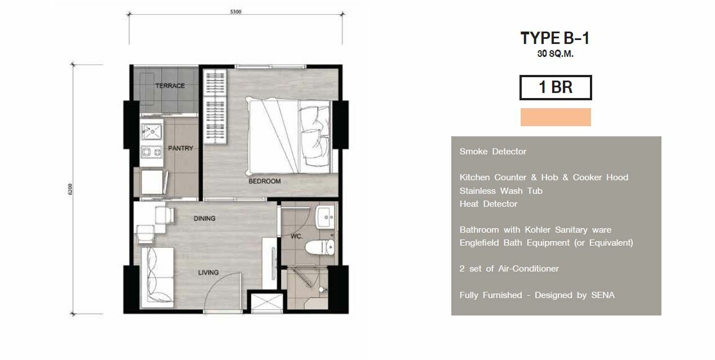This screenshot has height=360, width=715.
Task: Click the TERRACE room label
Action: pyautogui.click(x=170, y=86)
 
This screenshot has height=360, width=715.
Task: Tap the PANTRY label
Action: pyautogui.click(x=180, y=148)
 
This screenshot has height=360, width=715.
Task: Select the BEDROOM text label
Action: pyautogui.click(x=265, y=181)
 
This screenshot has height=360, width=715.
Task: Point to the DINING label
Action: pyautogui.click(x=205, y=218)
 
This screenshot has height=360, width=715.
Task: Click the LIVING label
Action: pyautogui.click(x=208, y=272)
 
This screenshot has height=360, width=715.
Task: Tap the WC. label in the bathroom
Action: pyautogui.click(x=296, y=237)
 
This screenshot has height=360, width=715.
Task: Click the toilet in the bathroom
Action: pyautogui.click(x=320, y=247)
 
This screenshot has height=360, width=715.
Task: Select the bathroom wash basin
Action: pyautogui.click(x=325, y=217)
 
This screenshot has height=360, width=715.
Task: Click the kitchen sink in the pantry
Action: pyautogui.click(x=152, y=131)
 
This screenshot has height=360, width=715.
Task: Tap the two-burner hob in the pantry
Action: pyautogui.click(x=152, y=152)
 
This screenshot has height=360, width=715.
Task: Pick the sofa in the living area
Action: pyautogui.click(x=158, y=277)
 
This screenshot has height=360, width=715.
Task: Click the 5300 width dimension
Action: pyautogui.click(x=236, y=12)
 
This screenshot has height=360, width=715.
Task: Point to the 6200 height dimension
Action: pyautogui.click(x=70, y=189)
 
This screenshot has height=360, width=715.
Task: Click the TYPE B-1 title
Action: pyautogui.click(x=555, y=38)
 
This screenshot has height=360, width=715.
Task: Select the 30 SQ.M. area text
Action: pyautogui.click(x=556, y=54)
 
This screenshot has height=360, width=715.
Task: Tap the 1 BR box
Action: pyautogui.click(x=556, y=87)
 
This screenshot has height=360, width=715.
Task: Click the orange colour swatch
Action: pyautogui.click(x=556, y=117)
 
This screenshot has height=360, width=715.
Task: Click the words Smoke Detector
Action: pyautogui.click(x=493, y=152)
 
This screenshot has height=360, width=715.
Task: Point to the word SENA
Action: pyautogui.click(x=603, y=295)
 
